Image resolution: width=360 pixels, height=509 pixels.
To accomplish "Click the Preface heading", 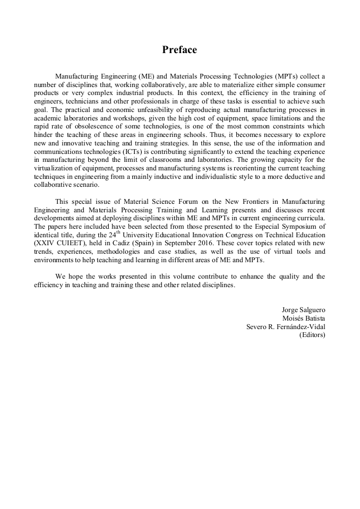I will (x=179, y=50).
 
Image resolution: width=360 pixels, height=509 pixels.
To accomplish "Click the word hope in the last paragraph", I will (x=74, y=277).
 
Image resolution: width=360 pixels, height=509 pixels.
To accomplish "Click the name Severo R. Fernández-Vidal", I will (x=286, y=327).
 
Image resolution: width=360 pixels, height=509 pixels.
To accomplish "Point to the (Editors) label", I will (x=312, y=335).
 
